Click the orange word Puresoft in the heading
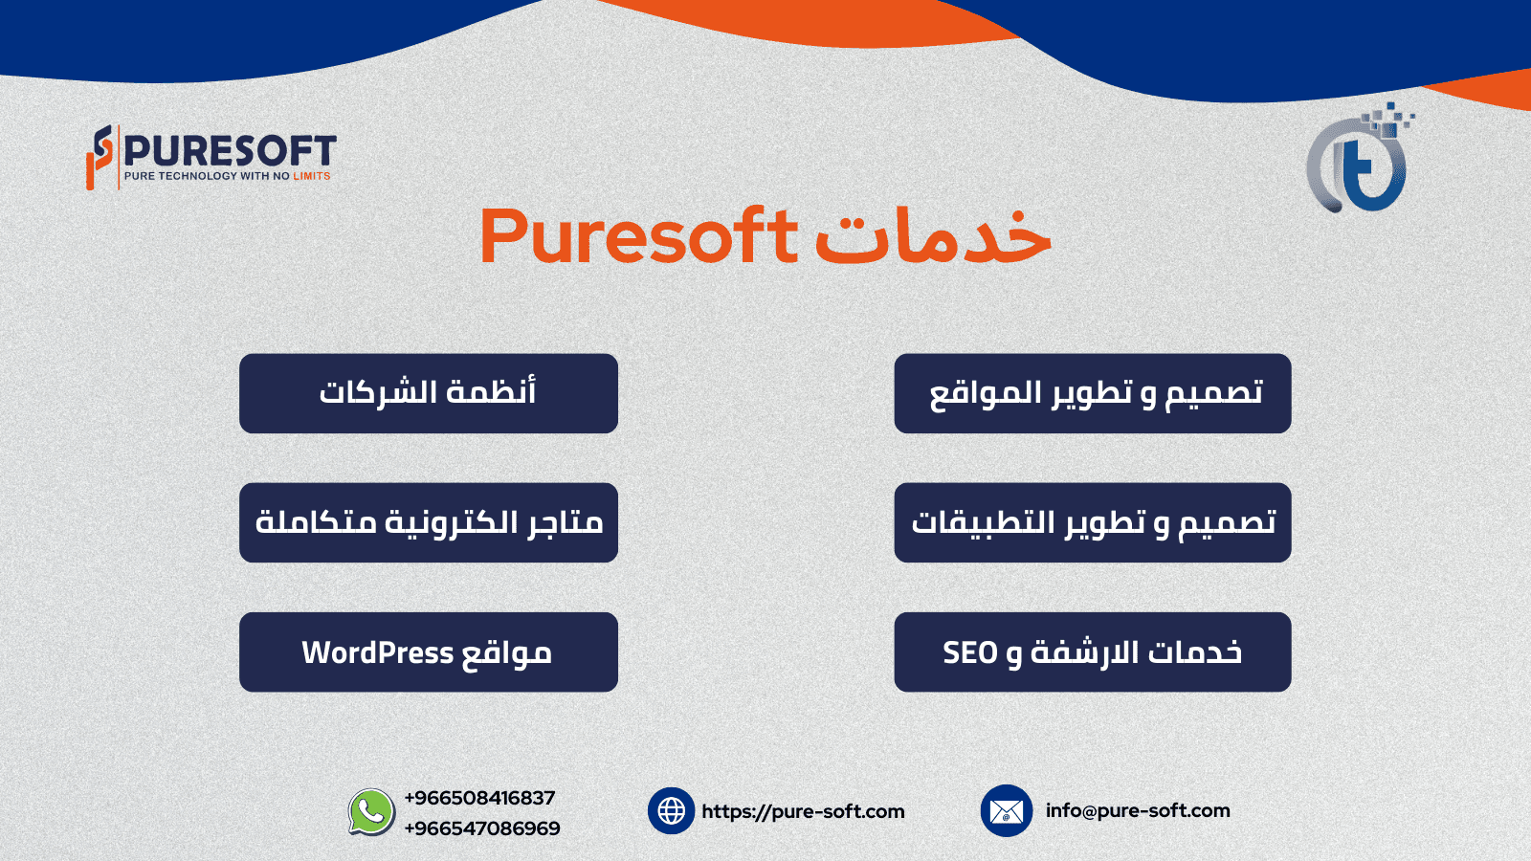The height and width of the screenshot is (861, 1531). pos(638,235)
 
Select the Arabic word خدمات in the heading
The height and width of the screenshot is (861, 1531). pos(933,235)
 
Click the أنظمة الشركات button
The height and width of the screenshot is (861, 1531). pos(429,393)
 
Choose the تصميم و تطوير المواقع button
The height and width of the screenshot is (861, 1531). pos(1092,393)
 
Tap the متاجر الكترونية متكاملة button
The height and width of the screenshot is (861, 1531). pos(429,522)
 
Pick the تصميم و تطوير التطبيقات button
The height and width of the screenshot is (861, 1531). pos(1092,522)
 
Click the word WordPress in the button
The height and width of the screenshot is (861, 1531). pos(377,652)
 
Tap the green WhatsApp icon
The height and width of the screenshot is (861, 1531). pos(371,812)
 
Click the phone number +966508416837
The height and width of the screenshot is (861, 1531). pos(479,798)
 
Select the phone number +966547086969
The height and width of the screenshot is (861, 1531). pos(482,828)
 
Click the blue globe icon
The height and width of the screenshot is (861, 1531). pos(671,811)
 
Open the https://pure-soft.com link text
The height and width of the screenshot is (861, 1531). pos(803,811)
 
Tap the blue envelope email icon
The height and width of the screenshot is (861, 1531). pos(1006,811)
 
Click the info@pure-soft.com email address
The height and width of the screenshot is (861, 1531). pos(1138,810)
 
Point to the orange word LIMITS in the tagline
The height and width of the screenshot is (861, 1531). pos(312,176)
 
